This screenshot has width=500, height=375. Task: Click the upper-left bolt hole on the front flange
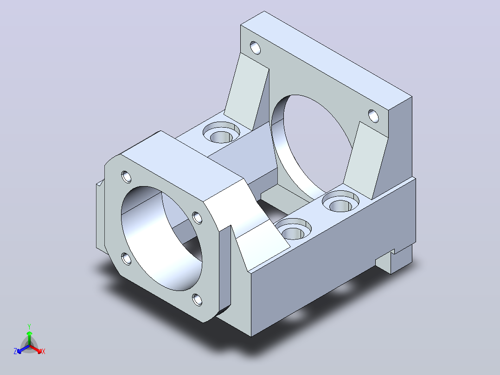pyautogui.click(x=126, y=177)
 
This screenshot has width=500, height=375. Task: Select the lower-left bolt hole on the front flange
pyautogui.click(x=126, y=259)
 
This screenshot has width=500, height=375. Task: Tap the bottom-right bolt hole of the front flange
pyautogui.click(x=198, y=300)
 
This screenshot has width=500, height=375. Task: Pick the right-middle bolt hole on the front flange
pyautogui.click(x=198, y=218)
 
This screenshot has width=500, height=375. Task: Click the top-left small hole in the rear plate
pyautogui.click(x=255, y=48)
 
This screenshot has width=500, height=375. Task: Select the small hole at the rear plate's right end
pyautogui.click(x=373, y=116)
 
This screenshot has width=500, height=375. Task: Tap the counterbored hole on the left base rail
pyautogui.click(x=221, y=132)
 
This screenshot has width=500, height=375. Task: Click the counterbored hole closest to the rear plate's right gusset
pyautogui.click(x=340, y=201)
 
